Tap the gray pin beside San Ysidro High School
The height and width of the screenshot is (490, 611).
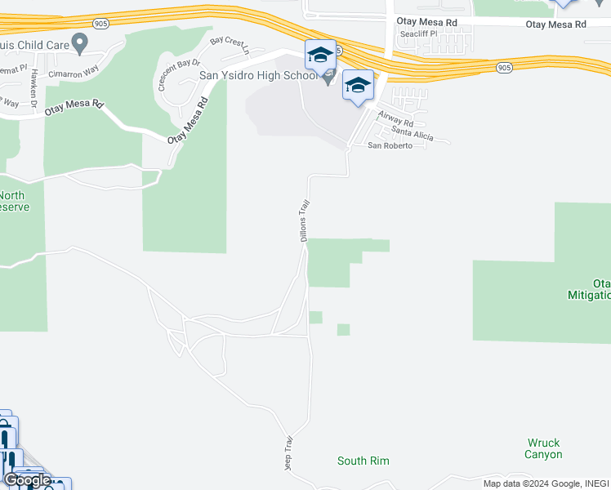(x=328, y=78)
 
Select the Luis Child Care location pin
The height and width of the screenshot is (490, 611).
(x=80, y=42)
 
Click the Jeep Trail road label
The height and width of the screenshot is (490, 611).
(x=288, y=454)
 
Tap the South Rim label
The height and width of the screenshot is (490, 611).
(x=363, y=461)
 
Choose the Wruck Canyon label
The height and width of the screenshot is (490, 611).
(x=544, y=448)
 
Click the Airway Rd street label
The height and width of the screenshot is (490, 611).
(x=396, y=121)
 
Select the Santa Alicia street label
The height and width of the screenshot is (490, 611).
(x=413, y=133)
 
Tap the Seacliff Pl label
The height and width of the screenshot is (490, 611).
(x=417, y=35)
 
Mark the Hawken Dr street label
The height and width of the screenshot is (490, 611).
(x=34, y=83)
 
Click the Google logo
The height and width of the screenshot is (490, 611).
(x=27, y=480)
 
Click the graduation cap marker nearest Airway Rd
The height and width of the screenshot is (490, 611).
(x=359, y=86)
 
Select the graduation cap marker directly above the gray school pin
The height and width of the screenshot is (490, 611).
(x=320, y=56)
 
